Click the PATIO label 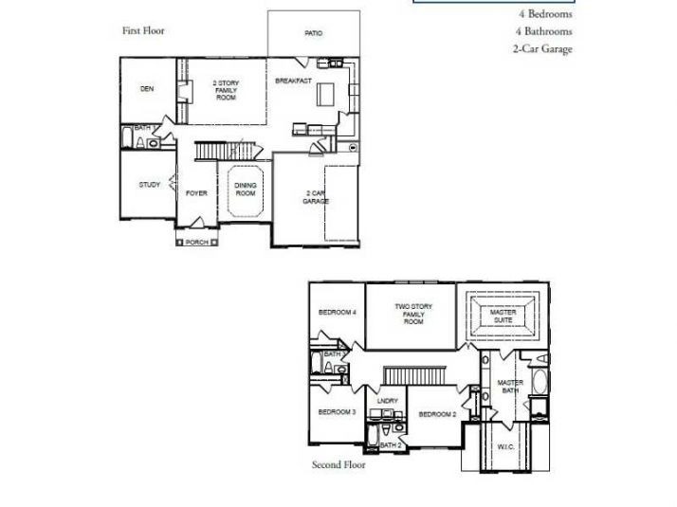coord(314,33)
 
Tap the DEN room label coord(147,89)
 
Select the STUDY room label coord(149,185)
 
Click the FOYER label coord(196,193)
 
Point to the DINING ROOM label coord(246,190)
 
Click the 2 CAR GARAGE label coord(316,197)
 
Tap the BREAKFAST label coord(293,81)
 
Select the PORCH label coord(196,243)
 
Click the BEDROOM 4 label coord(337,313)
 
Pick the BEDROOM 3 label coord(336,412)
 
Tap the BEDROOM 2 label coord(438,414)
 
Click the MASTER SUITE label coord(503,317)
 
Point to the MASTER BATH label coord(510,387)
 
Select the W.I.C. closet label coord(506,446)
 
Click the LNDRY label coord(387,401)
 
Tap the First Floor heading coord(143,30)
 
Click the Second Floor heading coord(338,465)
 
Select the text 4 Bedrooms coord(544,14)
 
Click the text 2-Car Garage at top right coord(542,48)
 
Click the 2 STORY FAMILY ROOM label coord(226,90)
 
